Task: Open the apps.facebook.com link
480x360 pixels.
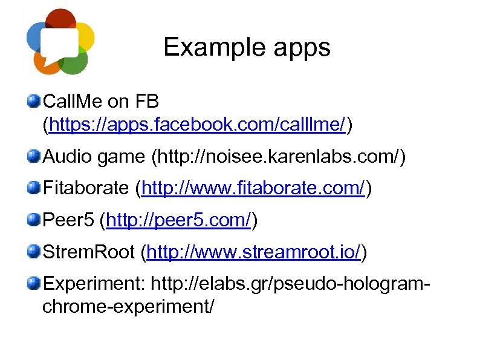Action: (197, 125)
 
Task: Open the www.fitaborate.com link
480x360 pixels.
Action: (252, 189)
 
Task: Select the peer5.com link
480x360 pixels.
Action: (178, 221)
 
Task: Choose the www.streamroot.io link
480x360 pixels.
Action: (254, 252)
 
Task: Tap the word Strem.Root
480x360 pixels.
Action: (89, 252)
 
